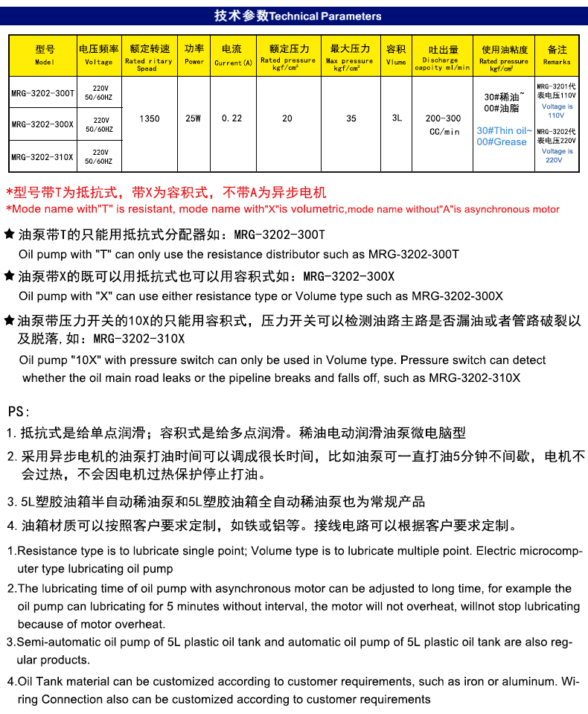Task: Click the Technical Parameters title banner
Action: pos(298,16)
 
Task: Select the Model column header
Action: pos(45,55)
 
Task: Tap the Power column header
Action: pos(194,54)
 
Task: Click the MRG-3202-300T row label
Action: pos(43,93)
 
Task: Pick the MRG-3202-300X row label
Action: pos(43,124)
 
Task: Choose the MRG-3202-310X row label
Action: pos(43,156)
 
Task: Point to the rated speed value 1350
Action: pos(150,118)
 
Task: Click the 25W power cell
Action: pos(194,118)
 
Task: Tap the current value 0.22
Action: pos(232,118)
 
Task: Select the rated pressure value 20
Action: pos(287,118)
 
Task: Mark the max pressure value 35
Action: pos(351,118)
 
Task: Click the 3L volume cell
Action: pos(397,118)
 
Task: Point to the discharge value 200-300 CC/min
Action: pos(443,124)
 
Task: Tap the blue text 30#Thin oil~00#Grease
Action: pos(504,136)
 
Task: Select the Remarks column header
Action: pos(557,55)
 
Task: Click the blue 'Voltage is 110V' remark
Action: pos(557,111)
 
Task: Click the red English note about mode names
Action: pos(283,209)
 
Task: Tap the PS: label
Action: pos(19,411)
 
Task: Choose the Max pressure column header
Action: pos(351,55)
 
